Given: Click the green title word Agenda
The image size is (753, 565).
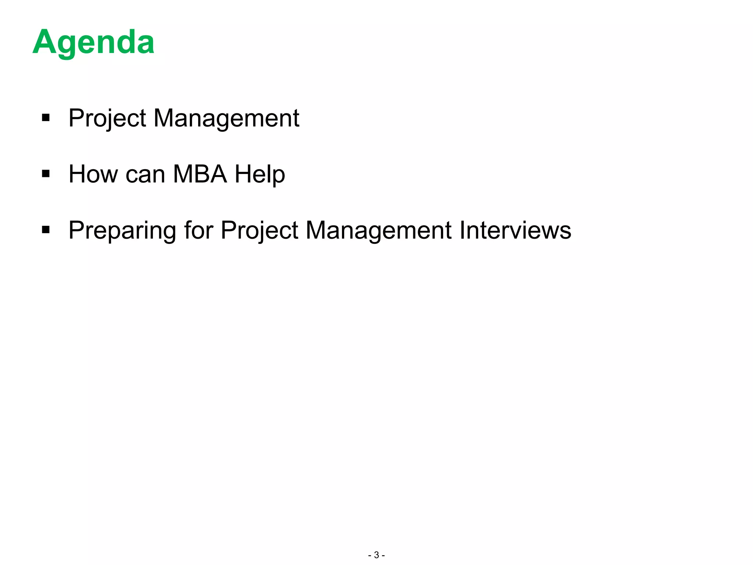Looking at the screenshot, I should (93, 43).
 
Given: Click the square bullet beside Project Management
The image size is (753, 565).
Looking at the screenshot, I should (46, 118).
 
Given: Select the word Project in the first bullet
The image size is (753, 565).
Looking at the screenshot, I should (107, 118).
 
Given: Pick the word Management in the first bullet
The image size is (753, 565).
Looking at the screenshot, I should (226, 118).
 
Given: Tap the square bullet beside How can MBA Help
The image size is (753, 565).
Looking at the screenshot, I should (46, 174).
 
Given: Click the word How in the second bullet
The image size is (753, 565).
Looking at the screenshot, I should (93, 174).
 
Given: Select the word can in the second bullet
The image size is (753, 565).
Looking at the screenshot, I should (145, 175).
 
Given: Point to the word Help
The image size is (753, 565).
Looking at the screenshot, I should (260, 175).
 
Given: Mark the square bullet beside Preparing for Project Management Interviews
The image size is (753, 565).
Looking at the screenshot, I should (46, 230).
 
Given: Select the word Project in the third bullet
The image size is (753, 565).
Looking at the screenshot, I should (260, 231).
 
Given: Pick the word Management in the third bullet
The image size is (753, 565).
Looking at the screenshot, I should (378, 231).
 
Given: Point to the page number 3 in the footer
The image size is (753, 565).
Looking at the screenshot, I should (376, 555).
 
